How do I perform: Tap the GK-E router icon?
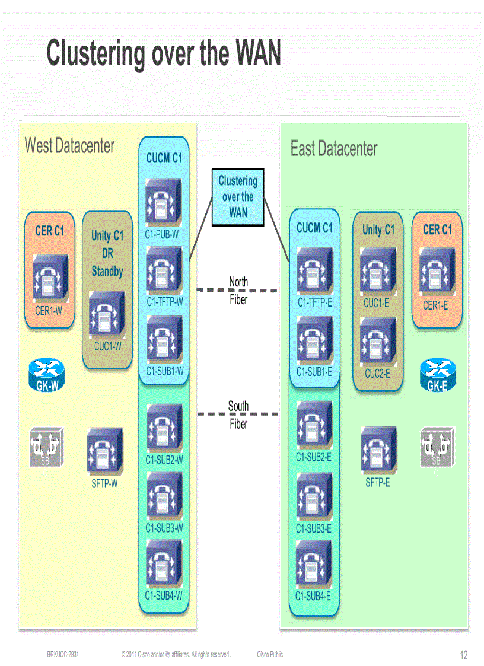[437, 375]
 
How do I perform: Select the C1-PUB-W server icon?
[164, 203]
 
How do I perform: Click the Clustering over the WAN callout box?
[238, 197]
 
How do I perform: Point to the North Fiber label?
[238, 291]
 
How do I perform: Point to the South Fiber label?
[238, 415]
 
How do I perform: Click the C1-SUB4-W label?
[164, 595]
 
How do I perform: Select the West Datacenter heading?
[69, 145]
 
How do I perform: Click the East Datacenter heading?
[334, 149]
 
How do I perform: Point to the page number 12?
[464, 655]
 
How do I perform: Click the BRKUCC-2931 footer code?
[63, 654]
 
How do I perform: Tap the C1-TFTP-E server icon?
[314, 270]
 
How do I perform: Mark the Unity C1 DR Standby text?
[107, 253]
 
